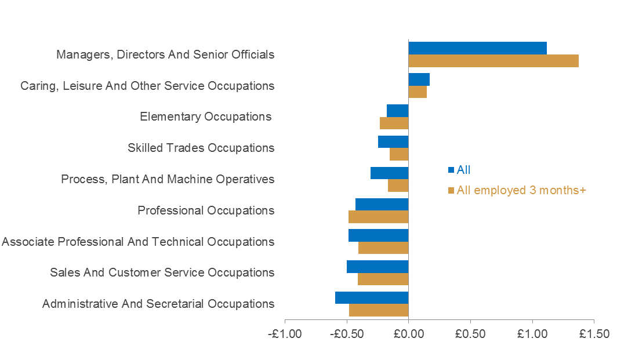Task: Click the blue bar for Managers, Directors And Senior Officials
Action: [477, 48]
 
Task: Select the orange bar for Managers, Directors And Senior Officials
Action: [493, 61]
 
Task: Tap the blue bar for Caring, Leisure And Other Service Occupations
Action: [419, 79]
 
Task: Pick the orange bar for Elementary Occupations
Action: [394, 123]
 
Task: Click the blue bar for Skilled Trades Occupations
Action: [393, 142]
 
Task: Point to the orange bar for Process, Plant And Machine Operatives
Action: [398, 186]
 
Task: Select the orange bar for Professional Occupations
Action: [378, 217]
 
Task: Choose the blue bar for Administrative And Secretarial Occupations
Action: [372, 297]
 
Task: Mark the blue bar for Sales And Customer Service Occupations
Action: [378, 267]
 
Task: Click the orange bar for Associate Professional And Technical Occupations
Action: [383, 248]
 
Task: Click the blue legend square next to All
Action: [451, 170]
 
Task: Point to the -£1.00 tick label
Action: [285, 334]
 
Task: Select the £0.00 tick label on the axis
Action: [408, 334]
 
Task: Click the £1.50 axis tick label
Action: [594, 334]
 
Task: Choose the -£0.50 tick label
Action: [347, 334]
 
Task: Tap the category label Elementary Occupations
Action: [206, 117]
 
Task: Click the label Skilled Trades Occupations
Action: [201, 148]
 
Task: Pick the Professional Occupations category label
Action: [206, 210]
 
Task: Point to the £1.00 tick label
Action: [532, 334]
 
